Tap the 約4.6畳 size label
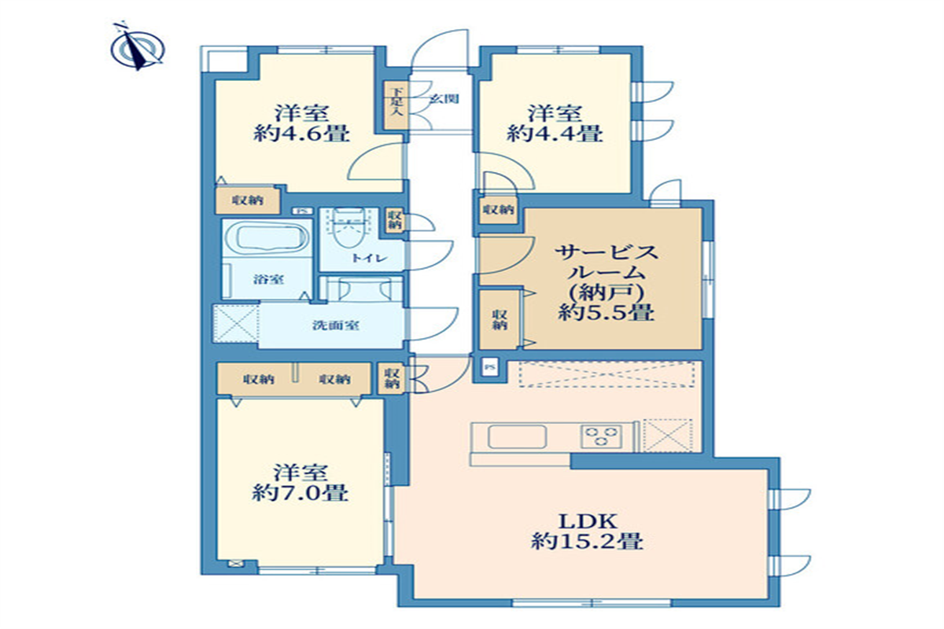coord(301,134)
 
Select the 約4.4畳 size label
coord(555,134)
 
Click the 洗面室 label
coord(336,325)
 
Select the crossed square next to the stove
coord(667,435)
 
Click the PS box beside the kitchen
coord(490,366)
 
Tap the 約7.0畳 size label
coord(301,494)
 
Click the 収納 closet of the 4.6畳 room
coord(247,201)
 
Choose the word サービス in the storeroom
coord(605,253)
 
